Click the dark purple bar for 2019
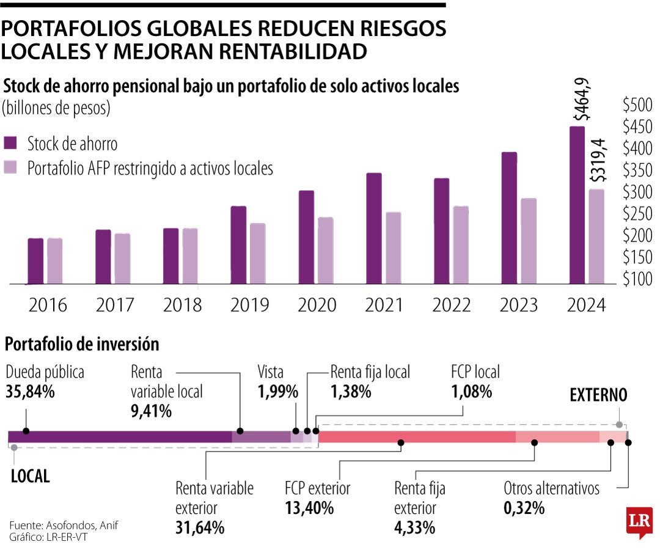point(238,245)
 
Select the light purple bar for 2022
point(460,245)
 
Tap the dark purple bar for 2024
point(577,205)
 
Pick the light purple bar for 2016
point(55,261)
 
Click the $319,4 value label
point(599,159)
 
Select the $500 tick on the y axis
point(638,105)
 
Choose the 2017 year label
point(115,304)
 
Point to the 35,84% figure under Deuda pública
point(31,392)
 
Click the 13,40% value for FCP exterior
point(309,507)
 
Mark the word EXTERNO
point(598,395)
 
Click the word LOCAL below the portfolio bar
point(31,476)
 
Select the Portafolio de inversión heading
point(82,344)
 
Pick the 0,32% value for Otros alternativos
point(524,507)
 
